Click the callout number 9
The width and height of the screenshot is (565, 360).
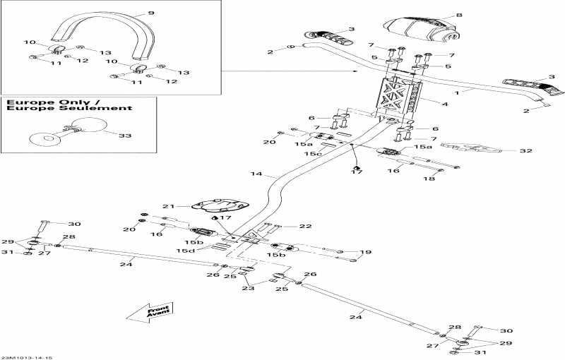pyautogui.click(x=150, y=13)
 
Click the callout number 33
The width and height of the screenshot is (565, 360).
pyautogui.click(x=124, y=135)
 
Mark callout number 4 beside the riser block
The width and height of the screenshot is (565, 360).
pyautogui.click(x=444, y=104)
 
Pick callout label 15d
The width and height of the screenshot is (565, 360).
pyautogui.click(x=186, y=251)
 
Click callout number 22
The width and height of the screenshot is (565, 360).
pyautogui.click(x=305, y=226)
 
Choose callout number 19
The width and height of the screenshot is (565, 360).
pyautogui.click(x=365, y=252)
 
